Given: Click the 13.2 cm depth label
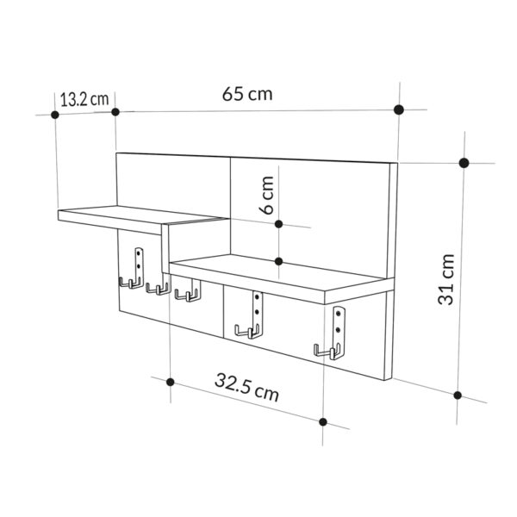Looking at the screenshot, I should pyautogui.click(x=84, y=98).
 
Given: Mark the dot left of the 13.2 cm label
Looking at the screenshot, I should pyautogui.click(x=54, y=114).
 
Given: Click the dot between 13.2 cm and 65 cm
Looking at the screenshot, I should pyautogui.click(x=115, y=112).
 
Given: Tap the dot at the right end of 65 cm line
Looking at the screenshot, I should pyautogui.click(x=398, y=109).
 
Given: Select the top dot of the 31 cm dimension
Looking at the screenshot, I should pyautogui.click(x=464, y=163).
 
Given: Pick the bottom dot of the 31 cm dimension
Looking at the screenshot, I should pyautogui.click(x=459, y=396).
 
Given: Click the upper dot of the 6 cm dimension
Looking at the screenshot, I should pyautogui.click(x=278, y=224).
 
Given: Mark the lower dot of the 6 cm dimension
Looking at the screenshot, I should pyautogui.click(x=278, y=260).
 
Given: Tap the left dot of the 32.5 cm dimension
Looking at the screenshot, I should pyautogui.click(x=171, y=382).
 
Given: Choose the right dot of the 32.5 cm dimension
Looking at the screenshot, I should pyautogui.click(x=323, y=421).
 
